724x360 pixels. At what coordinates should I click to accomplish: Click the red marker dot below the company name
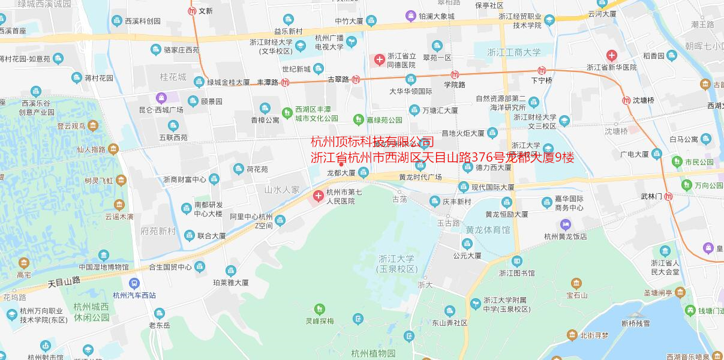(341, 164)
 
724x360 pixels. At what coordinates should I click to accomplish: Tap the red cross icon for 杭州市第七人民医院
(319, 196)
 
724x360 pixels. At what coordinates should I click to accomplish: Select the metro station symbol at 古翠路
(356, 79)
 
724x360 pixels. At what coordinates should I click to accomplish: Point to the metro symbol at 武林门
(669, 196)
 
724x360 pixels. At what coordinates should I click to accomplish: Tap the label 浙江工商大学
(514, 52)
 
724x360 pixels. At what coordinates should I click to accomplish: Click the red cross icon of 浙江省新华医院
(611, 56)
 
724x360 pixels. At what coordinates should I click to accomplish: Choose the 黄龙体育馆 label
(488, 230)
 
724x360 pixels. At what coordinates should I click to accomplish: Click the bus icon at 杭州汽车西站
(134, 283)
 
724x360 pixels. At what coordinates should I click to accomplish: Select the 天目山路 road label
(64, 281)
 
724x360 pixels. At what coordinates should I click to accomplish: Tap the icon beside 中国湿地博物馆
(104, 256)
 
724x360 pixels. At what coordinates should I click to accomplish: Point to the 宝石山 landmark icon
(576, 284)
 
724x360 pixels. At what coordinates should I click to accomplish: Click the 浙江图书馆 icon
(517, 262)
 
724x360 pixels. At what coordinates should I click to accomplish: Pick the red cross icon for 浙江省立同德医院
(379, 59)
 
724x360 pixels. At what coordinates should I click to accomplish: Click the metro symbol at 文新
(192, 11)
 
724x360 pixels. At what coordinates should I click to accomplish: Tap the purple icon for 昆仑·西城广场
(161, 98)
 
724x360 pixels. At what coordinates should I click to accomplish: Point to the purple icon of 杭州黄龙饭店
(565, 224)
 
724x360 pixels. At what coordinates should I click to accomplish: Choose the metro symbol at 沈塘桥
(626, 100)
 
